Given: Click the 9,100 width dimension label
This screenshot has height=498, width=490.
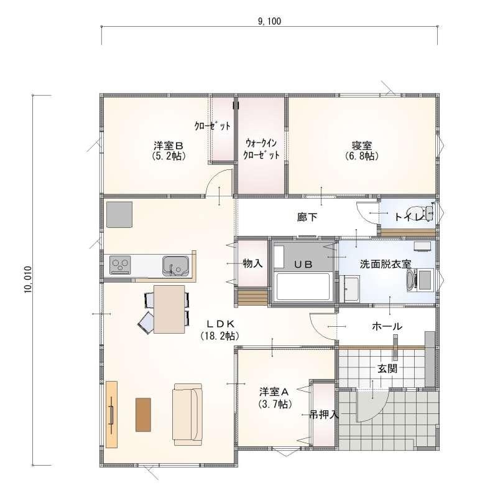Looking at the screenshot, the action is [x=269, y=21].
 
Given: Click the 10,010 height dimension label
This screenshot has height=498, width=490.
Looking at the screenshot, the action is [x=28, y=280].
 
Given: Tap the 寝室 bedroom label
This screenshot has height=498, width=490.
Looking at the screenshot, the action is [x=362, y=146].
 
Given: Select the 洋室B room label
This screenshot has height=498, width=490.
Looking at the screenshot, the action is [x=169, y=146].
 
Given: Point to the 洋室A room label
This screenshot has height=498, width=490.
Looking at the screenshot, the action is [x=273, y=392].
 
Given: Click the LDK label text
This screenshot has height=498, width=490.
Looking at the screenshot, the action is [x=220, y=324].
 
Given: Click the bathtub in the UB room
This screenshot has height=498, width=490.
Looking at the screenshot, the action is [x=303, y=286].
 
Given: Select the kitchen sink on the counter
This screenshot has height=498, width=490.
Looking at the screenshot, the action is [x=175, y=266].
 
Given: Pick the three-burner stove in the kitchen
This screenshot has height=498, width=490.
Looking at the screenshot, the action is [x=120, y=265].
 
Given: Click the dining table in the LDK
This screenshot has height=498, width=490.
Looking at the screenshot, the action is [x=169, y=309].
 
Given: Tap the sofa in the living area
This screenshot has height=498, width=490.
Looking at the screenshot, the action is [x=188, y=415].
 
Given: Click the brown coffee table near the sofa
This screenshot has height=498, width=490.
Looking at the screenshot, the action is [x=143, y=415].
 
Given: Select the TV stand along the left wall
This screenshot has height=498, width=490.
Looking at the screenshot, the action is [x=111, y=414].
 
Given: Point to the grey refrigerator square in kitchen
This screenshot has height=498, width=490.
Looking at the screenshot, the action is [x=119, y=214].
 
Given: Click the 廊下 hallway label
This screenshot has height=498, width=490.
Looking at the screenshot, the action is [x=307, y=217].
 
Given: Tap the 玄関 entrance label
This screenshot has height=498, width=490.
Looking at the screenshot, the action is [x=387, y=369].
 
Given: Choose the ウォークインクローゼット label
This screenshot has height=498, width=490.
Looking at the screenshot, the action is [x=261, y=149].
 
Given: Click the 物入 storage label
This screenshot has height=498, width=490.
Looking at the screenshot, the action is [x=252, y=263].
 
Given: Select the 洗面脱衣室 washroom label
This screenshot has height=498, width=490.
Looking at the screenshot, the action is [x=386, y=264].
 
